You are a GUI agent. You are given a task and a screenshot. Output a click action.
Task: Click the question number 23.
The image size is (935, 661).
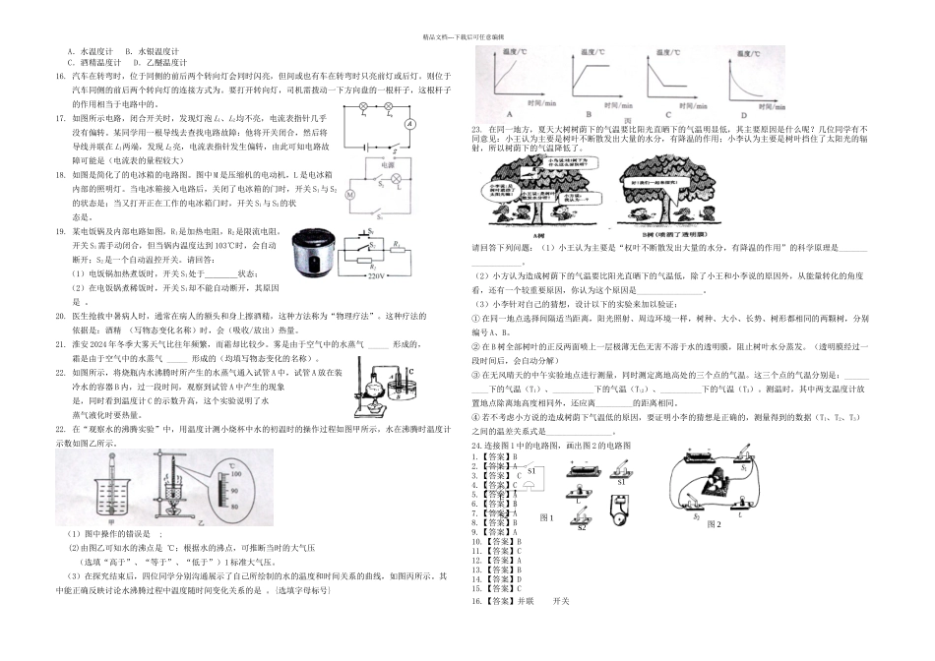pos(477,130)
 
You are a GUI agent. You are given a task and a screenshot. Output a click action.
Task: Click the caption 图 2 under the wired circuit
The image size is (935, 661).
pos(717,524)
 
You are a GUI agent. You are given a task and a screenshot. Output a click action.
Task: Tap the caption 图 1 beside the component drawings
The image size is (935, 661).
pos(548,516)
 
